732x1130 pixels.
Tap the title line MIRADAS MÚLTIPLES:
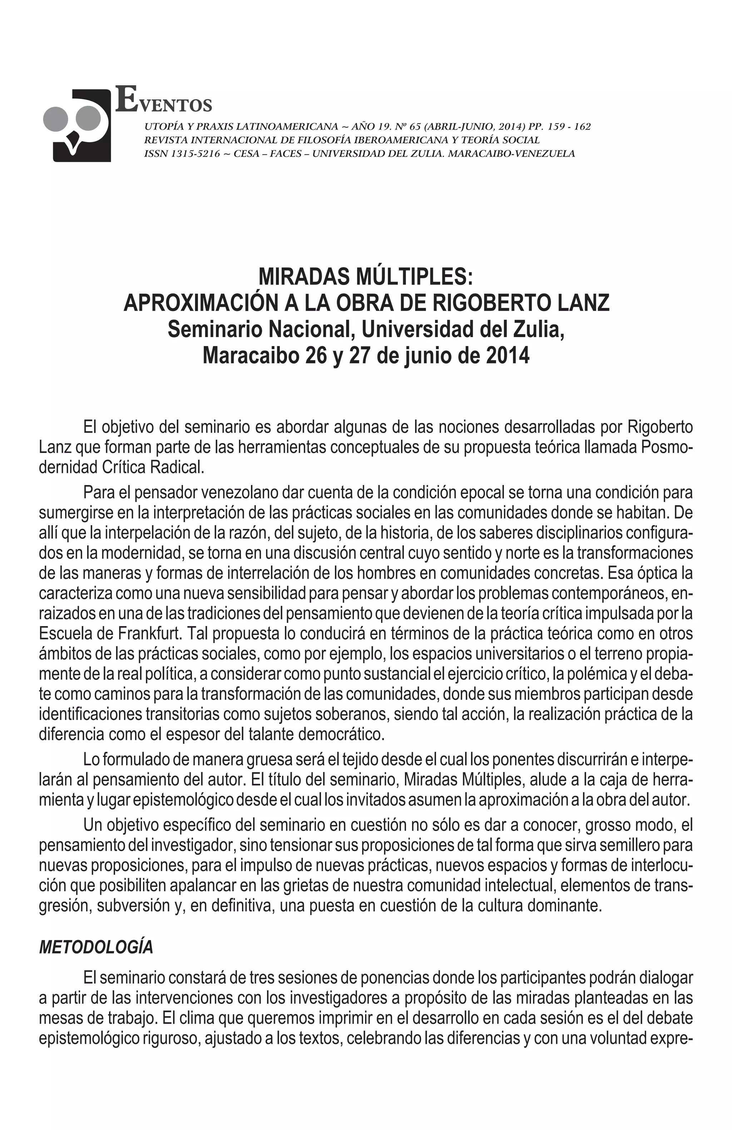[366, 276]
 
